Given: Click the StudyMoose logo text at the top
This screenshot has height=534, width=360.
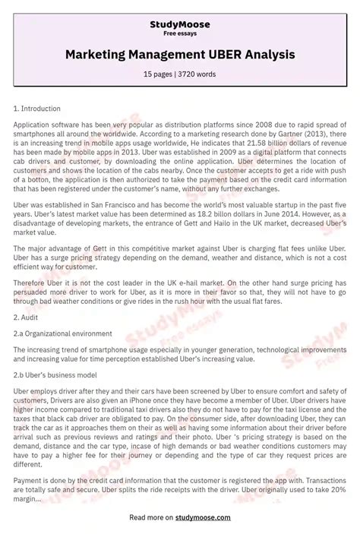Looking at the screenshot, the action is click(180, 24).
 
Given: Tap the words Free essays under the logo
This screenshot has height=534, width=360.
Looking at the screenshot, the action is click(180, 33).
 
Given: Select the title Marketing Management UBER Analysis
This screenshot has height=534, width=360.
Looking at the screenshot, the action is click(180, 55).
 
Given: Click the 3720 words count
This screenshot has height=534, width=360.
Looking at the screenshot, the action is click(199, 74).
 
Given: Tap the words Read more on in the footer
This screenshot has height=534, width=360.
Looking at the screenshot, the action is click(151, 517).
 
